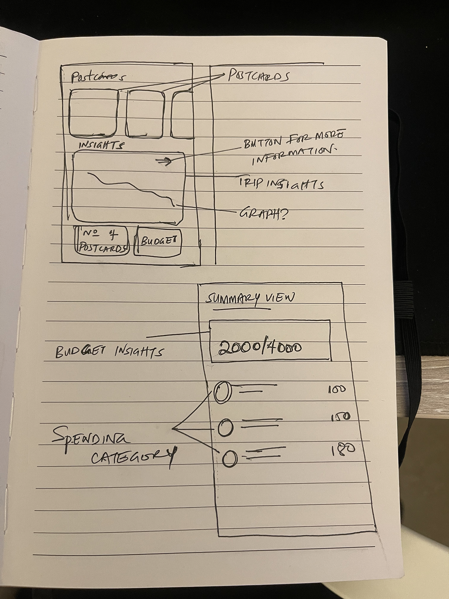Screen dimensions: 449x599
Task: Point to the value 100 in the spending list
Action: pyautogui.click(x=337, y=389)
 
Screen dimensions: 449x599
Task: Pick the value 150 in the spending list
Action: pyautogui.click(x=340, y=417)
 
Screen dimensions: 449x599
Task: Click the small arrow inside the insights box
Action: pyautogui.click(x=164, y=162)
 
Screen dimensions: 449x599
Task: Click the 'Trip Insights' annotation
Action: pyautogui.click(x=281, y=184)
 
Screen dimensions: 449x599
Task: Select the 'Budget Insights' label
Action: pyautogui.click(x=109, y=352)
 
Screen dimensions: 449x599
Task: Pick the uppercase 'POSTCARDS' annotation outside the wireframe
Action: pyautogui.click(x=259, y=76)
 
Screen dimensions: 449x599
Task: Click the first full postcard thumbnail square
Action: pyautogui.click(x=94, y=113)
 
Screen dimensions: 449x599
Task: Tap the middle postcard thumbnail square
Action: pyautogui.click(x=145, y=114)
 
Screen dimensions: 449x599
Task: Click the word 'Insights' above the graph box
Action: pyautogui.click(x=101, y=145)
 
